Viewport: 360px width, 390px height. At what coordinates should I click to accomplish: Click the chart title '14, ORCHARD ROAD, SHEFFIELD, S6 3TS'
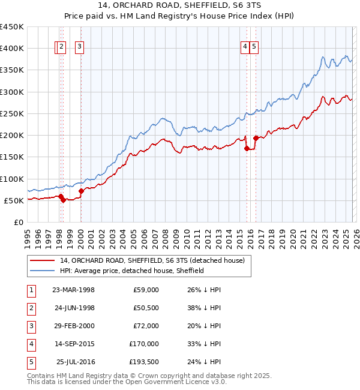[x=179, y=7]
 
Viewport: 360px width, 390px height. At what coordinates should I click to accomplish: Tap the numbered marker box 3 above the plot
[x=80, y=47]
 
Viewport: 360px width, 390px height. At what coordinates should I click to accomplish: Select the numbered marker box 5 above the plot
[x=254, y=47]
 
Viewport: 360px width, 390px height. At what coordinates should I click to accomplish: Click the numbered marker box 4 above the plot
[x=245, y=47]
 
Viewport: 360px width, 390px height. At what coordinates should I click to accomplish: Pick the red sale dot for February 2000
[x=81, y=191]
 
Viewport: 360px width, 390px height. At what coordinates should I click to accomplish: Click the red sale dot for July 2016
[x=256, y=138]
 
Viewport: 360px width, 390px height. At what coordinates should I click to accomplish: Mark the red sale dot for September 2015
[x=247, y=148]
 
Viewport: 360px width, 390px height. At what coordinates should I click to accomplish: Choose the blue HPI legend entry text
[x=132, y=271]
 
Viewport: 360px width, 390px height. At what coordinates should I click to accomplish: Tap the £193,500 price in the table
[x=144, y=362]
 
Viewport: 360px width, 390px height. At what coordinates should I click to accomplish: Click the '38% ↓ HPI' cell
[x=203, y=308]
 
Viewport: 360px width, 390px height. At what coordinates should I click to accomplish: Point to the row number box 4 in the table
[x=31, y=344]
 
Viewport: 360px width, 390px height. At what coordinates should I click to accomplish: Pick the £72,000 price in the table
[x=146, y=326]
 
